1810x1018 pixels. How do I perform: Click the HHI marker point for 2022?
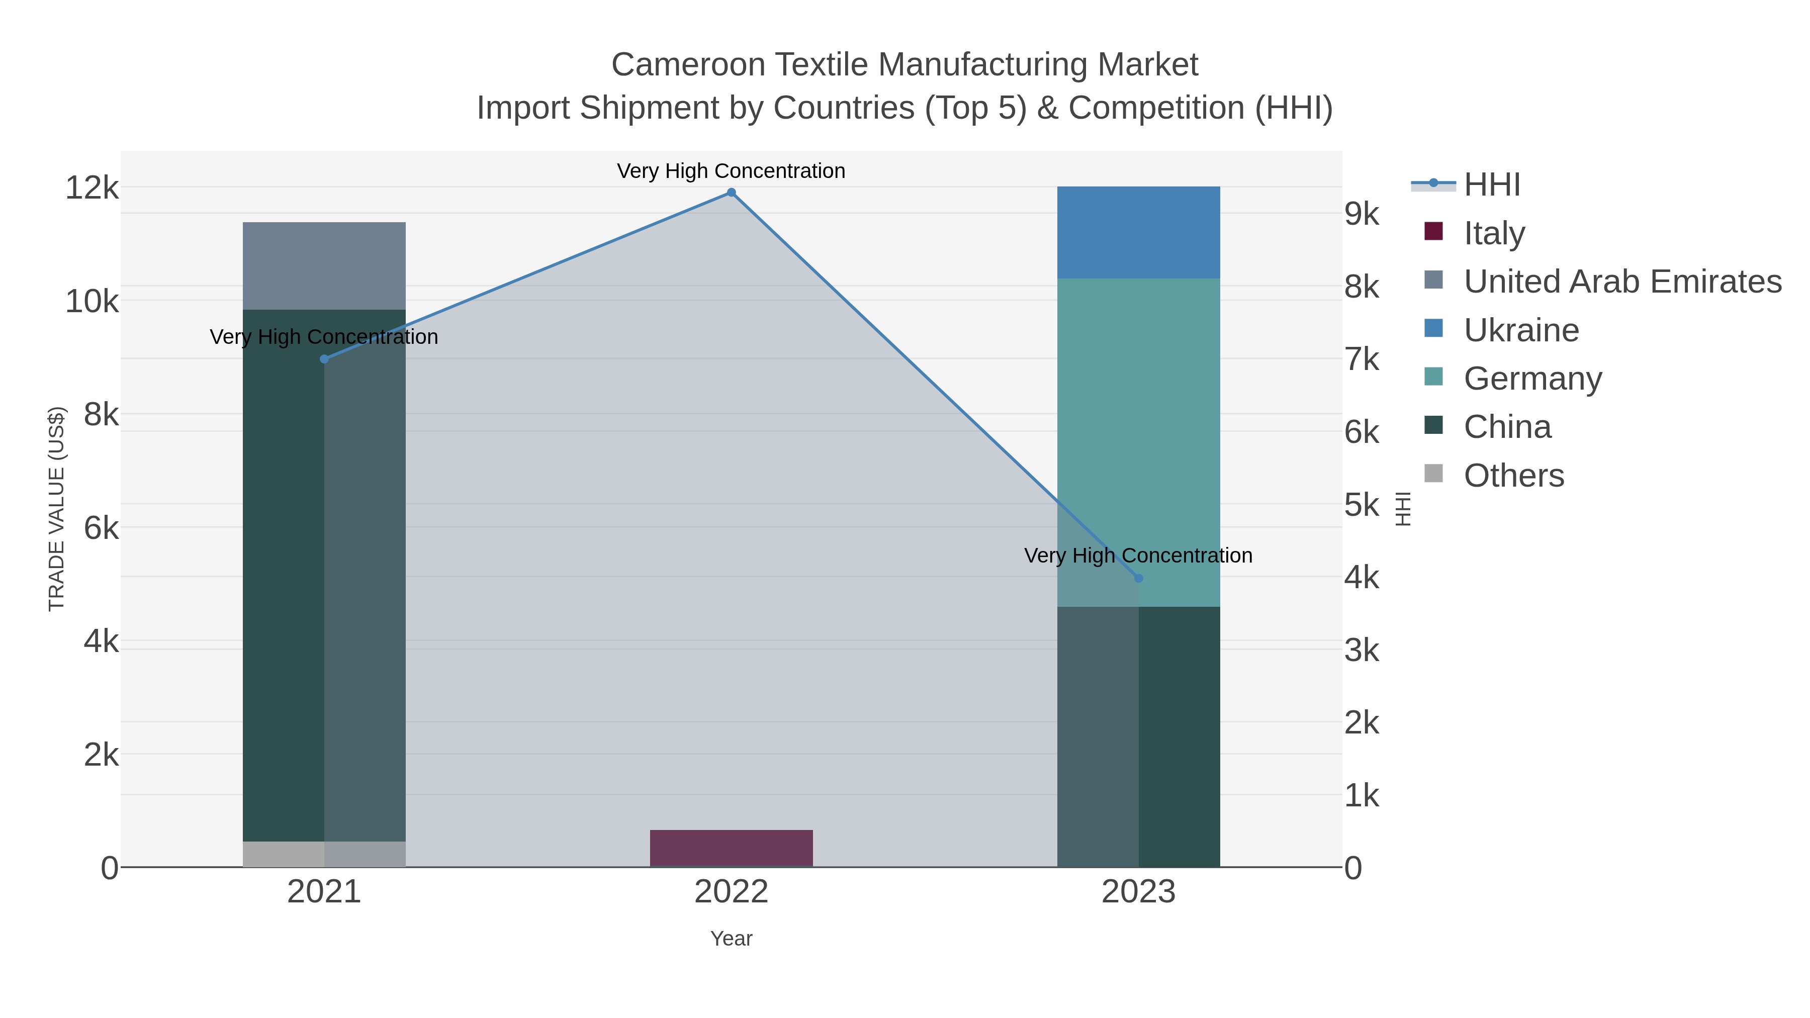pos(731,193)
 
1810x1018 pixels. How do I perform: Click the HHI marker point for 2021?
pos(324,359)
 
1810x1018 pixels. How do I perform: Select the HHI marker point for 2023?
pos(1138,578)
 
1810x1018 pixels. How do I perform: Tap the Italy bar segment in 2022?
pos(731,848)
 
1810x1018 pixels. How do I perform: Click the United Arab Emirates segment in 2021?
pos(324,265)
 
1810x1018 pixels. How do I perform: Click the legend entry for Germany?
pos(1532,379)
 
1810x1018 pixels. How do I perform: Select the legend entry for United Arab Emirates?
pos(1621,282)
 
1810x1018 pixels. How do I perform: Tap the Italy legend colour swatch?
pos(1433,232)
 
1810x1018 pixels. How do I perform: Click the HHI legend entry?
pos(1492,185)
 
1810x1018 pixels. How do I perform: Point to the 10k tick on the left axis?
pos(92,302)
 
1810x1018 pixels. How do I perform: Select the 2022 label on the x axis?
pos(731,891)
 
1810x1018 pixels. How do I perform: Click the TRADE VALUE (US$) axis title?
pos(56,509)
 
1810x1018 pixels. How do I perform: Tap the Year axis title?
pos(731,939)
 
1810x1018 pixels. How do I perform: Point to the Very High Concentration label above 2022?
pos(731,171)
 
